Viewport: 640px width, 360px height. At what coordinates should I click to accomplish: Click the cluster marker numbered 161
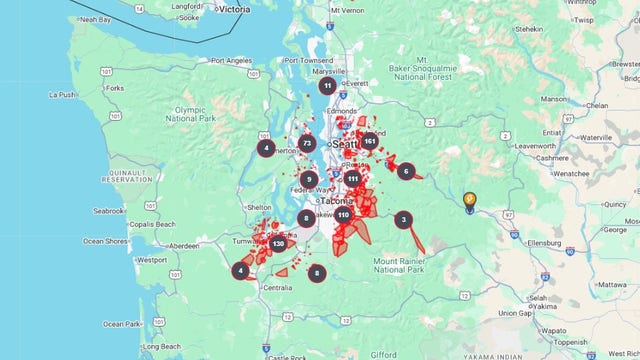coord(370,141)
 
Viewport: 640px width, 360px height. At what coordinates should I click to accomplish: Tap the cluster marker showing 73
coord(307,144)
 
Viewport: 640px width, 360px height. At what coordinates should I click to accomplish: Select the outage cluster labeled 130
coord(278,243)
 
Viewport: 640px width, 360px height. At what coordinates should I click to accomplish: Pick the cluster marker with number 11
coord(327,86)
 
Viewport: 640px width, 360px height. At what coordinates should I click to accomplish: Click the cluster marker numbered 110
coord(343,214)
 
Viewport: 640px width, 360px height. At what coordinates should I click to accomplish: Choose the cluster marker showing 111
coord(353,178)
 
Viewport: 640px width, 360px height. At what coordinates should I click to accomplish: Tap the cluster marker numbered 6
coord(405,171)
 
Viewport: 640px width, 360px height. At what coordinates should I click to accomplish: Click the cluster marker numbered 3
coord(403,220)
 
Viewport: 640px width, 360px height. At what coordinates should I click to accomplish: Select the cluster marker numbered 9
coord(309,179)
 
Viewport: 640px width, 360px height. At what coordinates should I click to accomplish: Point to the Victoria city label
coord(233,8)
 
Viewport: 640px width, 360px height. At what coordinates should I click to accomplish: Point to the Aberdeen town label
coord(184,245)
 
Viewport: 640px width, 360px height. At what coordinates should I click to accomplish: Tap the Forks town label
coord(116,88)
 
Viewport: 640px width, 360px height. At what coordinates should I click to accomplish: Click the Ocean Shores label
coord(105,241)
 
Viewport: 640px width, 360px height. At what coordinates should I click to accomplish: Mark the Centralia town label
coord(278,287)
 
